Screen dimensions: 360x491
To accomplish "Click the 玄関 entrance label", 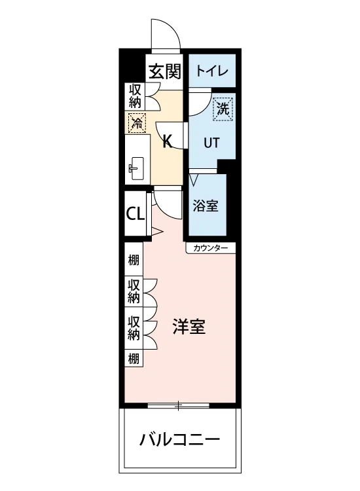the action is [165, 71].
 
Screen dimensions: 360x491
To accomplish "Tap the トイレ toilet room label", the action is [212, 71].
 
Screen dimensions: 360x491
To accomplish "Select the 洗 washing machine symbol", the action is [223, 109].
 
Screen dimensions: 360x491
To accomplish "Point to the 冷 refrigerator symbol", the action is [137, 122].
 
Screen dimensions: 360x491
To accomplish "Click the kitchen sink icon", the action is [136, 168].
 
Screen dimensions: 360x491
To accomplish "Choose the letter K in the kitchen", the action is [168, 141].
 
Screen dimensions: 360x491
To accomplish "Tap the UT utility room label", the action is [211, 143].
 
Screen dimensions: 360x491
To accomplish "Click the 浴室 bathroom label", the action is [206, 206].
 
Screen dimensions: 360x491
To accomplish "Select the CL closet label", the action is [135, 214].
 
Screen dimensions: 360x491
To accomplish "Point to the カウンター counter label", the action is [210, 248].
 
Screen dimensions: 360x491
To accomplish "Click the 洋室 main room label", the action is [189, 327].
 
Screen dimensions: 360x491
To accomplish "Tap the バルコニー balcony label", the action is [179, 440].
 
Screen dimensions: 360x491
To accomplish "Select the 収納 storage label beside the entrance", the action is [135, 96].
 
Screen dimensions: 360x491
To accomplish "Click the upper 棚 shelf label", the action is [134, 260].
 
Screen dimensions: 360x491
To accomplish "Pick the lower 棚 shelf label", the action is [134, 359].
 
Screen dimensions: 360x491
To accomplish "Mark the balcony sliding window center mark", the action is [178, 405].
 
